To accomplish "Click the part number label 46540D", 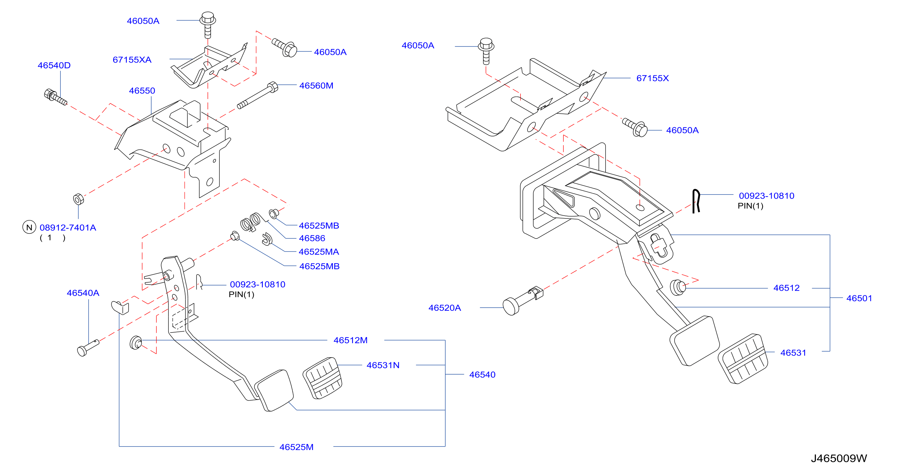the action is coord(54,65).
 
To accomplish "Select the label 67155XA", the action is coord(132,60).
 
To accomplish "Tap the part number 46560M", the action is coord(316,86).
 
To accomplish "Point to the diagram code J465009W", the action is coord(839,458).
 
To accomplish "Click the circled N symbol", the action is coord(29,227).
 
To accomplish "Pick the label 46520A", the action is coord(444,308).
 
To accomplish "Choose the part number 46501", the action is coord(859,298).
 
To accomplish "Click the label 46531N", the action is coord(383,365).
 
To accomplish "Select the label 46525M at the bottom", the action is coord(296,447).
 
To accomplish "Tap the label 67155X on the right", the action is coord(653,78).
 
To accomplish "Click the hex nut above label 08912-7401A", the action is coord(78,199).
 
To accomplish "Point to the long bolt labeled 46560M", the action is coord(258,95).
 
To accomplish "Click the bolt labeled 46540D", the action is coord(55,97).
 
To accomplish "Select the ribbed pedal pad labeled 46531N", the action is coord(323,378).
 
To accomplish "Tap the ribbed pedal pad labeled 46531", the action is coord(743,359).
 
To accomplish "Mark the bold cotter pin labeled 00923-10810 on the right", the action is coord(696,201).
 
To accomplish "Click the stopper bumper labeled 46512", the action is coord(677,287).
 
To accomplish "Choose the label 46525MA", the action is coord(319,252).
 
